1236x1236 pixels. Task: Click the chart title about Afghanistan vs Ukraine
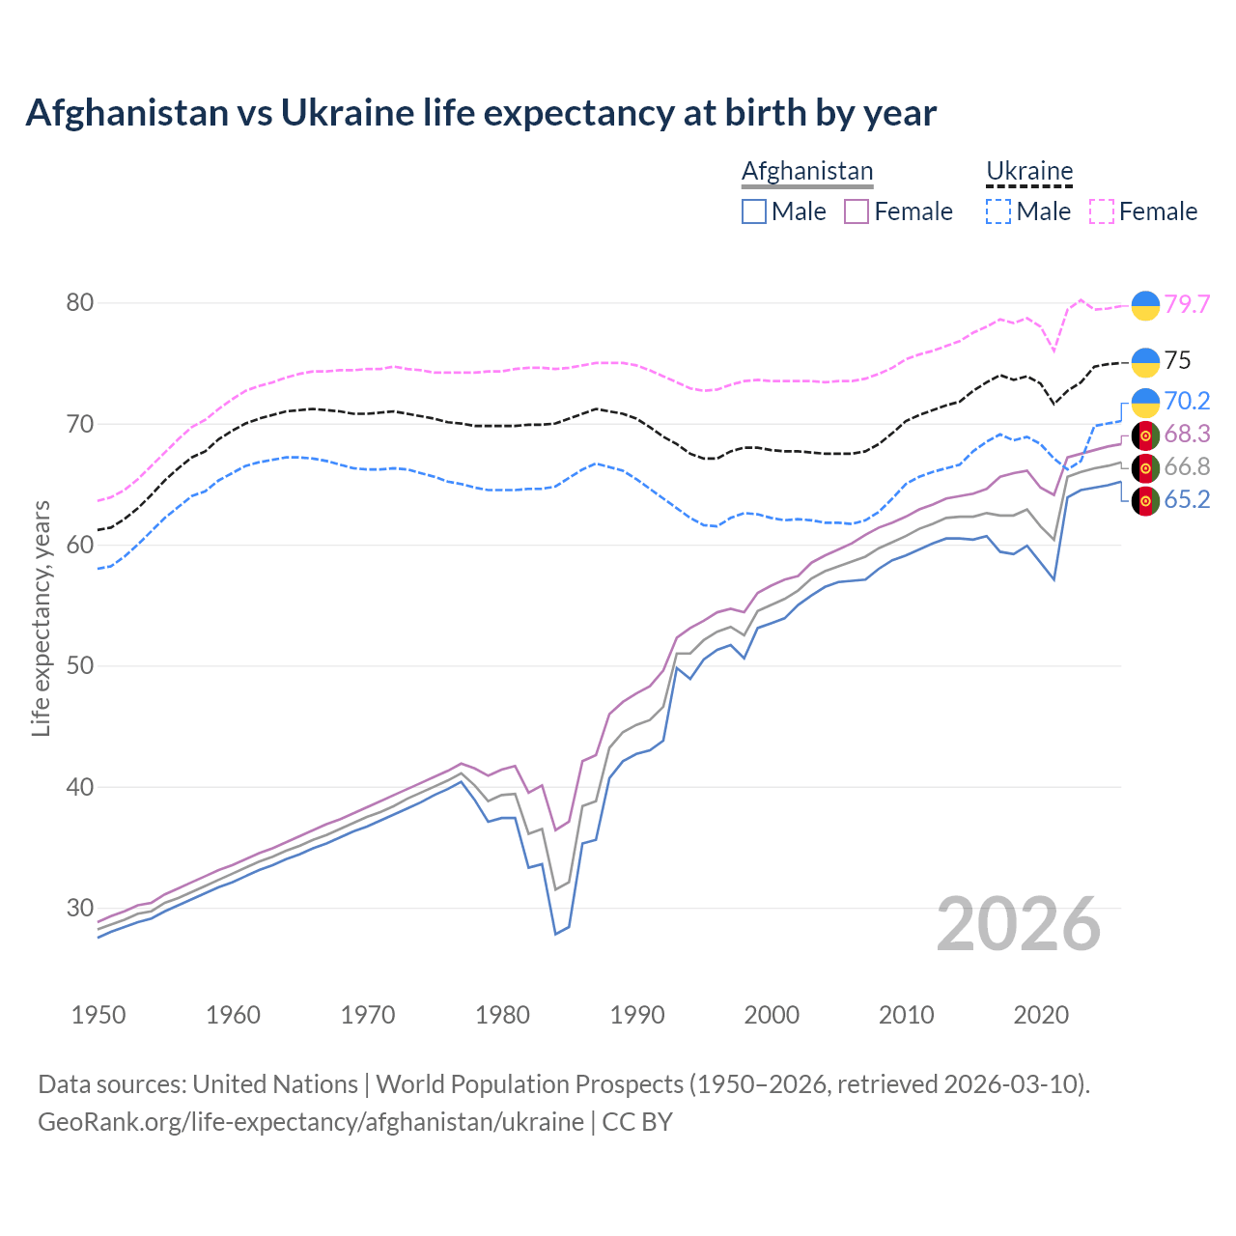(481, 113)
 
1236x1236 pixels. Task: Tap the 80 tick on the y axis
(80, 303)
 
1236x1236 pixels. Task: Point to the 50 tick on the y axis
(80, 666)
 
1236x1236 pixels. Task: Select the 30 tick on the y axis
(80, 908)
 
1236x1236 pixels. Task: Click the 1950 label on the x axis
(98, 1015)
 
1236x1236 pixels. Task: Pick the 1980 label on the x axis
(502, 1015)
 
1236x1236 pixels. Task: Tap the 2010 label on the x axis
(906, 1015)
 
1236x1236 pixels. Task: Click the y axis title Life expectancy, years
(41, 618)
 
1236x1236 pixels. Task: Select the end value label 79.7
(1187, 304)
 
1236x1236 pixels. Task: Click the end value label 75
(1177, 361)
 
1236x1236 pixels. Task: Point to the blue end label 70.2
(1187, 401)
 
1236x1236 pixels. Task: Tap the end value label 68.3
(1187, 435)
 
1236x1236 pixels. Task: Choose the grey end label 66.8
(1187, 467)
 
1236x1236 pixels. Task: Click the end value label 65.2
(1187, 499)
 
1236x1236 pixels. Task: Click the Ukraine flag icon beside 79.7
(1145, 305)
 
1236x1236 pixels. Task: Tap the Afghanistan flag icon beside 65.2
(1145, 501)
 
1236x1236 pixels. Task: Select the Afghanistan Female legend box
(857, 211)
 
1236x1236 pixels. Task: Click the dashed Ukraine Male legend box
(998, 211)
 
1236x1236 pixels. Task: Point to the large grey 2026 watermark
(1019, 924)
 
